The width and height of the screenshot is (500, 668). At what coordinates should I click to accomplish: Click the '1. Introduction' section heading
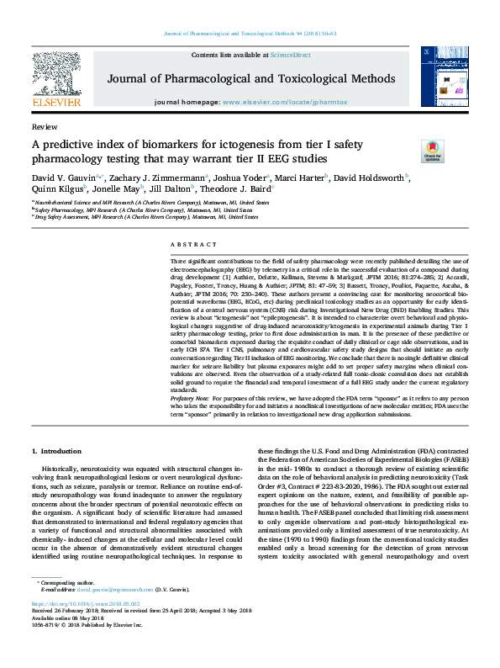60,453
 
